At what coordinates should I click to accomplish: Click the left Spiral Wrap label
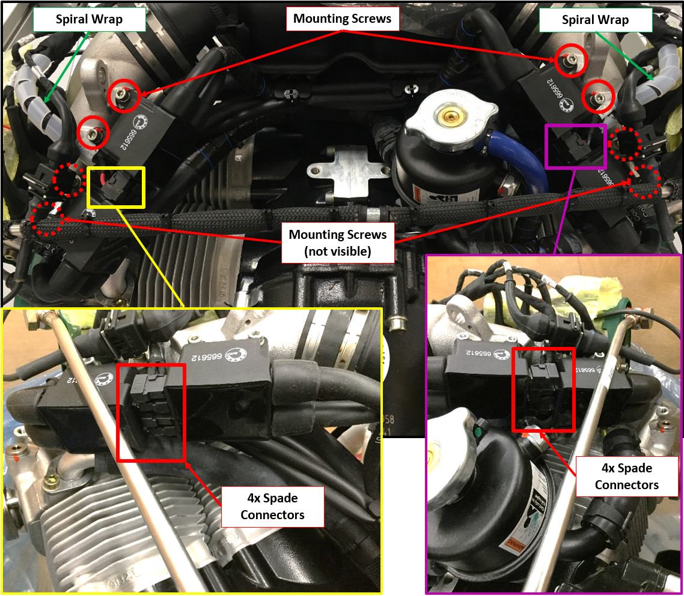click(89, 19)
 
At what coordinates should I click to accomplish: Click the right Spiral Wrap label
click(594, 20)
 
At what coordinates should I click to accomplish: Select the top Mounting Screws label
click(342, 19)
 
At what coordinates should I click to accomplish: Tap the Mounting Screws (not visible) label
click(338, 242)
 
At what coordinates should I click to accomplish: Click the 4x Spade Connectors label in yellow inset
click(272, 507)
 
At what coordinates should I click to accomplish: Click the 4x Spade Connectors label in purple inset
click(626, 477)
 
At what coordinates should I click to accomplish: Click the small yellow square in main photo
click(116, 188)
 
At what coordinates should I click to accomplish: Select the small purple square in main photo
click(575, 146)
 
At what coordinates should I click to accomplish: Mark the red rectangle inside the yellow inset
click(151, 412)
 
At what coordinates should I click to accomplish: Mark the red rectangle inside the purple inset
click(543, 389)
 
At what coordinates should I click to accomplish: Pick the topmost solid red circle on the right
click(568, 58)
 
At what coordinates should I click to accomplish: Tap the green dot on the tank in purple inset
click(478, 430)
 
